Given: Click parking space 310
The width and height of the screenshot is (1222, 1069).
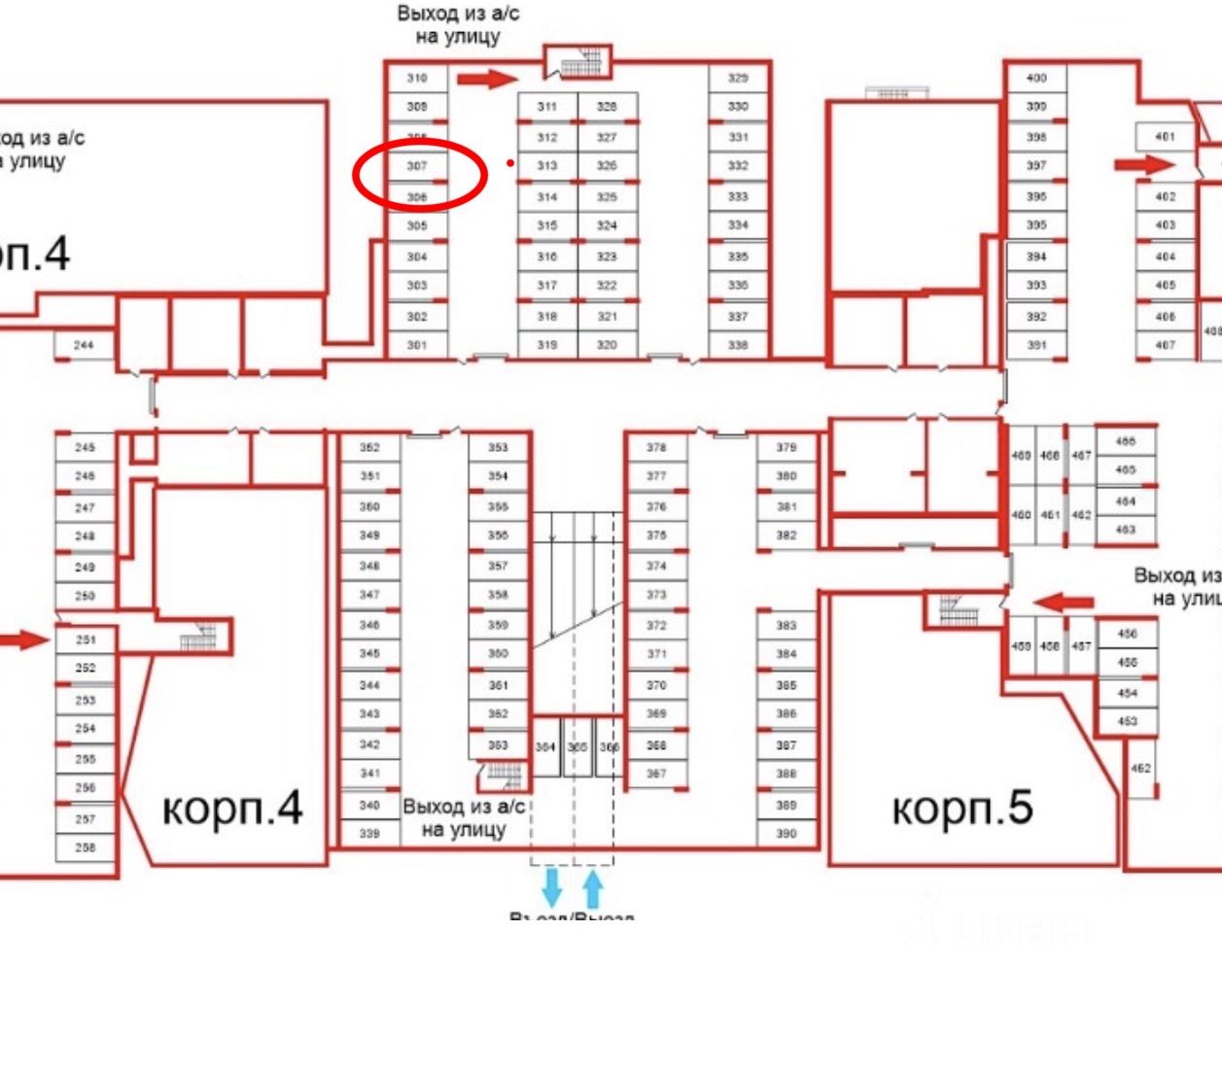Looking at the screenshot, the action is (417, 78).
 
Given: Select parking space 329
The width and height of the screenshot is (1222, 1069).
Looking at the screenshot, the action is (739, 78).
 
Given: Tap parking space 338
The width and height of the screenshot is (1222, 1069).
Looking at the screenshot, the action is (739, 345).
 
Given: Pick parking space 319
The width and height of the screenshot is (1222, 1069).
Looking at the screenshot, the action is (547, 345).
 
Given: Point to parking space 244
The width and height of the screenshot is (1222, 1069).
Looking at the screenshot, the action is (85, 345).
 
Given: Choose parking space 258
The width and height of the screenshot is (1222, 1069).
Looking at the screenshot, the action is (86, 847).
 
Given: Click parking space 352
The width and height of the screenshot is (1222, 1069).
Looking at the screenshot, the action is (369, 448).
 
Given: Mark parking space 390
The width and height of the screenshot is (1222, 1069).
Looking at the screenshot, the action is (786, 834).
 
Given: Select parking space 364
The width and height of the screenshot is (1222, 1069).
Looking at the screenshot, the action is (545, 747).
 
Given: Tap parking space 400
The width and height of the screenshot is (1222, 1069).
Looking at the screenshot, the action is (1036, 78).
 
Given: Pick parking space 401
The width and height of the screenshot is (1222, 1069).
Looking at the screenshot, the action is (1166, 137).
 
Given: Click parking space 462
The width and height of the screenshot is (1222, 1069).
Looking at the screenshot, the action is (1141, 769).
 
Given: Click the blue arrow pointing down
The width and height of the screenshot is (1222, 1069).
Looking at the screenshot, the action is (551, 887).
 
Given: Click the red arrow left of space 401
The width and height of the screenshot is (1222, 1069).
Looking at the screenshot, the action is (1144, 165).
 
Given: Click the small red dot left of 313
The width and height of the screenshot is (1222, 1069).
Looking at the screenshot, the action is (510, 164).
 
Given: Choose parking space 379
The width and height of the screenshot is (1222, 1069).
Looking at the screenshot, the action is (786, 448).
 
